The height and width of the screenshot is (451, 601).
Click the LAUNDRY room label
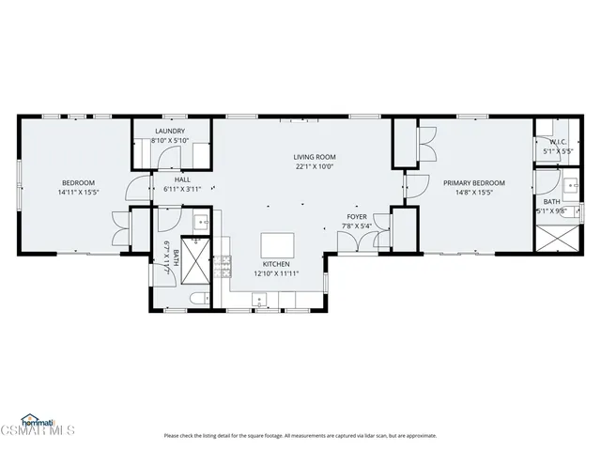click(x=170, y=131)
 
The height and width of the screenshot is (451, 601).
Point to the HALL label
click(x=182, y=179)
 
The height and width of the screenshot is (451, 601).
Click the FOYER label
click(x=356, y=216)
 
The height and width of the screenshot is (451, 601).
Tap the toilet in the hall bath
click(x=198, y=299)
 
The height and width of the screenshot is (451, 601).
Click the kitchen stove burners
click(x=224, y=268)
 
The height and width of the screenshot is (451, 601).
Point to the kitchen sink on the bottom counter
click(x=260, y=301)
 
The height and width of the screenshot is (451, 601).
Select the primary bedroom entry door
click(x=412, y=184)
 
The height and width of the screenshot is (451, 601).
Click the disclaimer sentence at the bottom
click(x=300, y=435)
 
